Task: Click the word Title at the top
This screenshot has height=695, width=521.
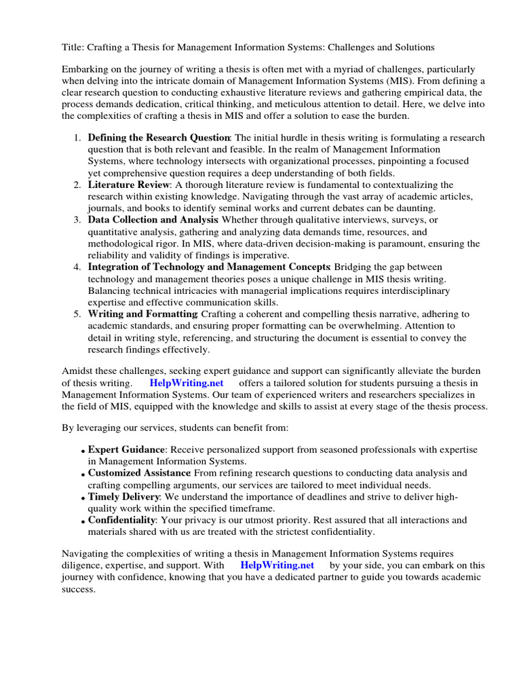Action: click(x=73, y=48)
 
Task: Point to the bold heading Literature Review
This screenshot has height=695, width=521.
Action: click(x=128, y=185)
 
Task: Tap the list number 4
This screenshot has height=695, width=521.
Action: click(x=77, y=267)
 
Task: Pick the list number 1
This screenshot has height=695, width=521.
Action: click(x=77, y=138)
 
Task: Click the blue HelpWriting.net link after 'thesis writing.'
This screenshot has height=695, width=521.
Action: click(x=186, y=383)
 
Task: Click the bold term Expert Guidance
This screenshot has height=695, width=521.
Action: click(x=126, y=450)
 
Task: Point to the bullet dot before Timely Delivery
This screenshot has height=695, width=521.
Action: click(x=83, y=498)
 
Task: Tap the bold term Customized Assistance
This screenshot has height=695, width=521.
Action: click(x=139, y=473)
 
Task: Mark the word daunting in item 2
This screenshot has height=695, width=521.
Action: click(x=415, y=208)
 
